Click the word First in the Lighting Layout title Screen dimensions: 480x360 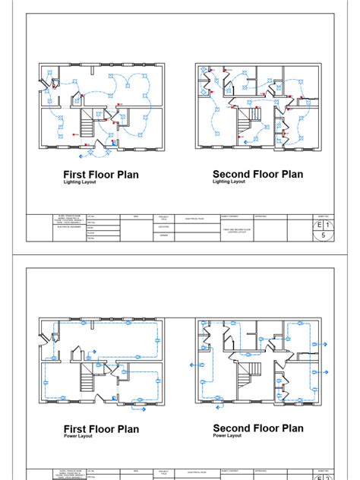pos(76,175)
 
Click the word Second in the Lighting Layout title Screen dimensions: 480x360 pos(231,174)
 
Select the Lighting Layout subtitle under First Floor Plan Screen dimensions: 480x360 pos(81,183)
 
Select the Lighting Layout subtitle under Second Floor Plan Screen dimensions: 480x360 pos(229,182)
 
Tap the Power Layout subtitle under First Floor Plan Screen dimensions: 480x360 pos(78,437)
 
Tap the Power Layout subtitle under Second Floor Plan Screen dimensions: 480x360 pos(227,437)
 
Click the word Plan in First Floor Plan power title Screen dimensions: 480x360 pos(126,429)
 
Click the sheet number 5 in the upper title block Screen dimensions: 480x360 pos(324,236)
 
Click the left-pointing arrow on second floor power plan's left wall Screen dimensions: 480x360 pos(190,364)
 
